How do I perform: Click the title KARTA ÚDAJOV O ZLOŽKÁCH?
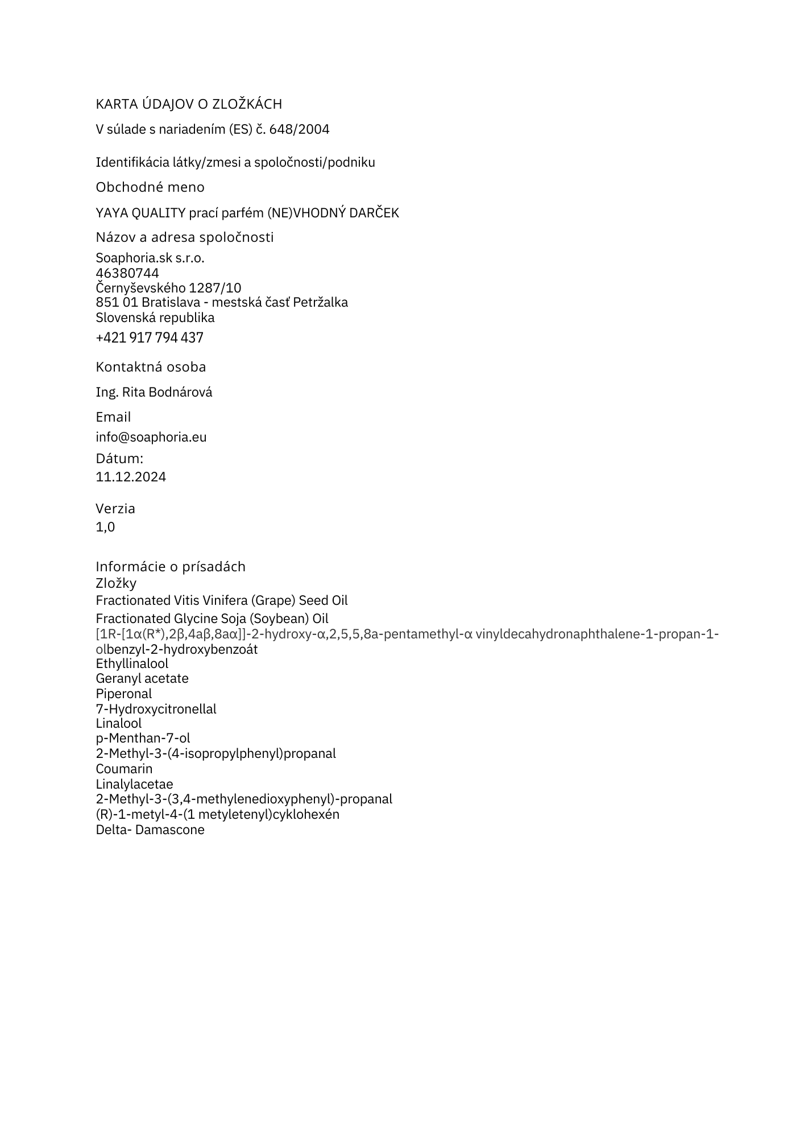pos(189,104)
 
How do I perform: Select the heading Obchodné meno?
pos(150,187)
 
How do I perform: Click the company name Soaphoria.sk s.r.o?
pos(150,258)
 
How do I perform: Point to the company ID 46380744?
pos(127,273)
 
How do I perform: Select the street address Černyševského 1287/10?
pos(168,288)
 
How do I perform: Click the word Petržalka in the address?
pos(320,302)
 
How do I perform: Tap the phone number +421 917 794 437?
pos(150,338)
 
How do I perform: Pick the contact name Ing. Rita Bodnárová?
pos(154,392)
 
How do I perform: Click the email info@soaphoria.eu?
pos(151,437)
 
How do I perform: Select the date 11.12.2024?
pos(131,477)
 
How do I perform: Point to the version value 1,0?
pos(105,527)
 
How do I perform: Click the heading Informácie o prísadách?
pos(171,567)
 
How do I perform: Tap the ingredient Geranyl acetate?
pos(142,678)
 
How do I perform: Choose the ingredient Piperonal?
pos(124,694)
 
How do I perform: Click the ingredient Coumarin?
pos(124,769)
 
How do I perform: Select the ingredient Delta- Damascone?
pos(150,830)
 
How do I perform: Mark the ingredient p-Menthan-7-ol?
pos(143,738)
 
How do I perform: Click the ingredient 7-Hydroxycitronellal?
pos(156,709)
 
